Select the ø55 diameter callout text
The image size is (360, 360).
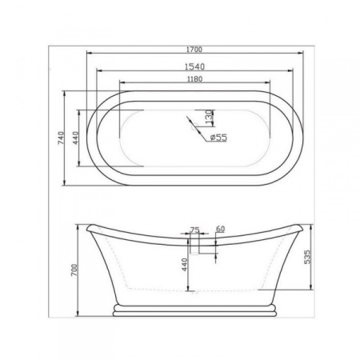click(x=218, y=138)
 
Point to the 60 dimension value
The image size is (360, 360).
click(x=219, y=230)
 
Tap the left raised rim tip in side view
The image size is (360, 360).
click(x=86, y=226)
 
